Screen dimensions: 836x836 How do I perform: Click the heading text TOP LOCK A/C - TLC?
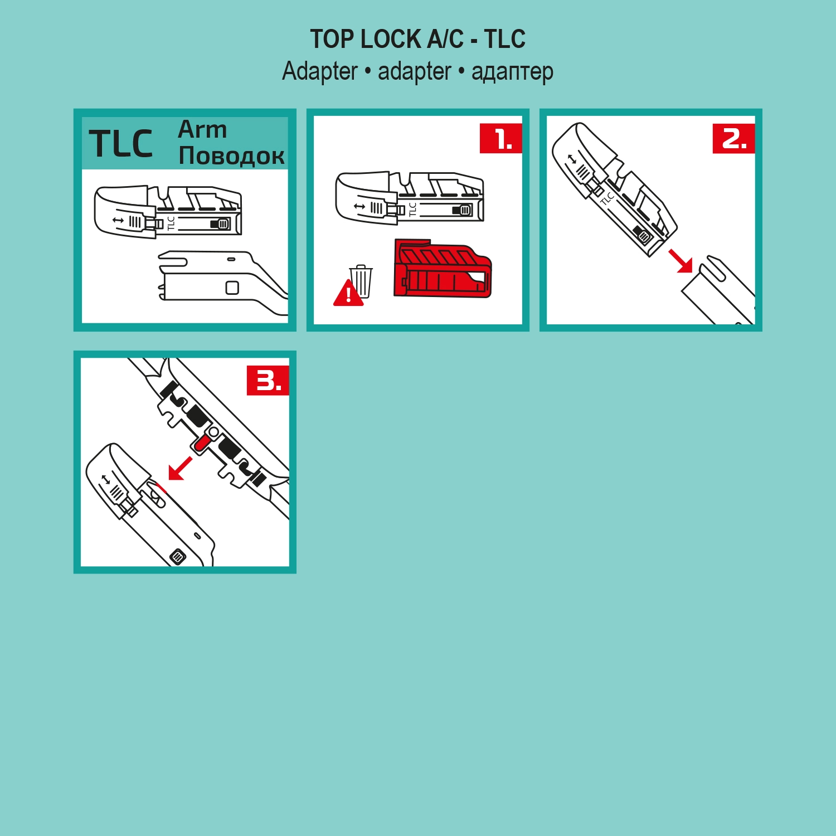tap(417, 39)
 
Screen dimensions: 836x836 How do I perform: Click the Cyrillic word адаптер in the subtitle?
tap(512, 72)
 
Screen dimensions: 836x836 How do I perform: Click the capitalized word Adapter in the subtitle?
tap(319, 71)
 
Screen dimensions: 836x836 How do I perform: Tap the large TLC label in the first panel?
tap(120, 144)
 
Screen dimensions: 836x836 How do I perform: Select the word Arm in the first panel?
tap(202, 129)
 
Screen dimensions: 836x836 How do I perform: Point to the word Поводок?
tap(231, 156)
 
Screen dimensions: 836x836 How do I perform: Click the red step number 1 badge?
tap(500, 138)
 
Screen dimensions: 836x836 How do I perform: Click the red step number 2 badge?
tap(733, 138)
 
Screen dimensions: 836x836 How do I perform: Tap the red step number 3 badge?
tap(268, 381)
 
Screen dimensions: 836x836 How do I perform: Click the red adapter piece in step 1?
tap(442, 269)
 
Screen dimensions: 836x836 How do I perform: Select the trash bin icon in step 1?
tap(361, 281)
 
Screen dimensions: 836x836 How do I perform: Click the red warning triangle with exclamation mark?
tap(348, 294)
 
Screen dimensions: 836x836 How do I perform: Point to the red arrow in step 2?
tap(681, 261)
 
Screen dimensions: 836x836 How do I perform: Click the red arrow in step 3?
tap(180, 468)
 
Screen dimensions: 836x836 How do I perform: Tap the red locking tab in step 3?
tap(202, 443)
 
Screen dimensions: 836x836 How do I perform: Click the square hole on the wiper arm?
tap(232, 288)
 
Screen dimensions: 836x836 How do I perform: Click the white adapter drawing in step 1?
tap(409, 198)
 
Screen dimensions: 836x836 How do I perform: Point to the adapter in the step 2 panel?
tap(613, 189)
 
